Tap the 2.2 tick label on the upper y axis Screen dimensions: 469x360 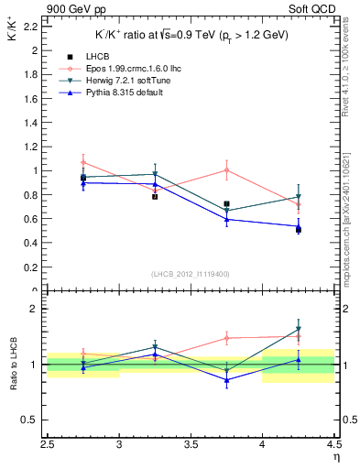(x=30, y=27)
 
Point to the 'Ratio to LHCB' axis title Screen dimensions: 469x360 (x=12, y=365)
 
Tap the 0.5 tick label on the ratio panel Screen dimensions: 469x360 (x=30, y=420)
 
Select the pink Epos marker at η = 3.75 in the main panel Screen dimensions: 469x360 (x=226, y=169)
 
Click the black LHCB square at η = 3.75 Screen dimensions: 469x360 (x=226, y=204)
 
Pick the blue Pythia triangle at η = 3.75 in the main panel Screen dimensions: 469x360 (x=226, y=219)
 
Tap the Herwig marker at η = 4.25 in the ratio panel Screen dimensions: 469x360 (x=298, y=329)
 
